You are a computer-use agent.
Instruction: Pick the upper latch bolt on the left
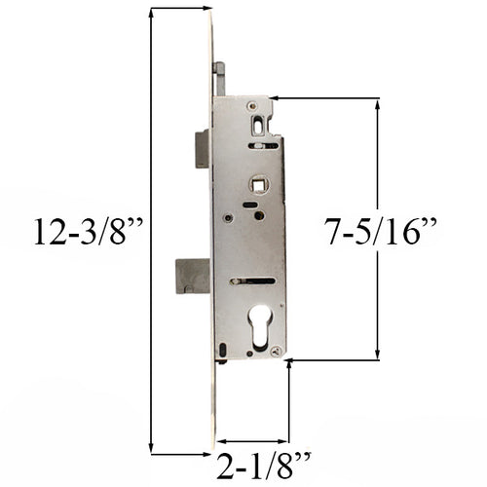[x=202, y=149]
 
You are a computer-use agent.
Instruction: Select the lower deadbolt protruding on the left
[x=192, y=276]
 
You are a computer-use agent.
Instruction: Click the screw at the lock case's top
[x=252, y=106]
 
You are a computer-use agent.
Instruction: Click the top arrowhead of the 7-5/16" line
[x=377, y=103]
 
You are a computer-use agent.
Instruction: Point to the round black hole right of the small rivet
[x=258, y=214]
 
